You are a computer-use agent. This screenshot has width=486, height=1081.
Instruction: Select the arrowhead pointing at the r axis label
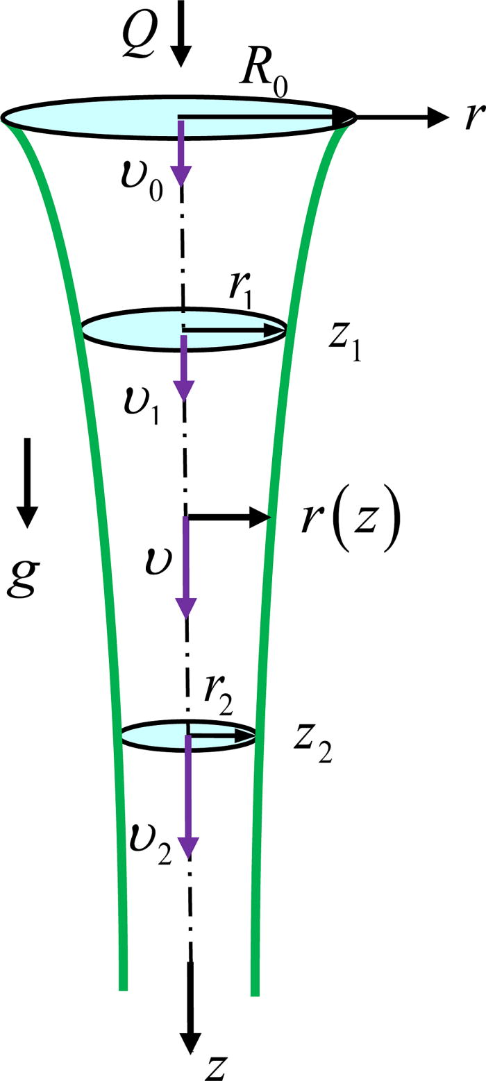pyautogui.click(x=437, y=118)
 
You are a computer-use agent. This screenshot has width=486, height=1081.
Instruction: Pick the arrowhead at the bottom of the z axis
pyautogui.click(x=190, y=1043)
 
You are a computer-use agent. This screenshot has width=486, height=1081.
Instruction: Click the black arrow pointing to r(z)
pyautogui.click(x=229, y=516)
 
